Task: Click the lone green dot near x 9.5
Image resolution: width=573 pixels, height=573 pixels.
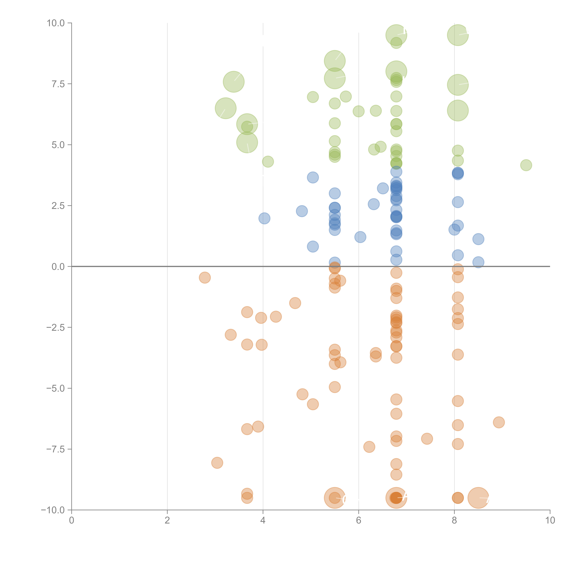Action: [526, 165]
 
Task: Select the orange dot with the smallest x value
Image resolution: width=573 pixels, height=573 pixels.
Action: [205, 278]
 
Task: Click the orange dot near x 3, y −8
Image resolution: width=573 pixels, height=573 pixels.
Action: [217, 463]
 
